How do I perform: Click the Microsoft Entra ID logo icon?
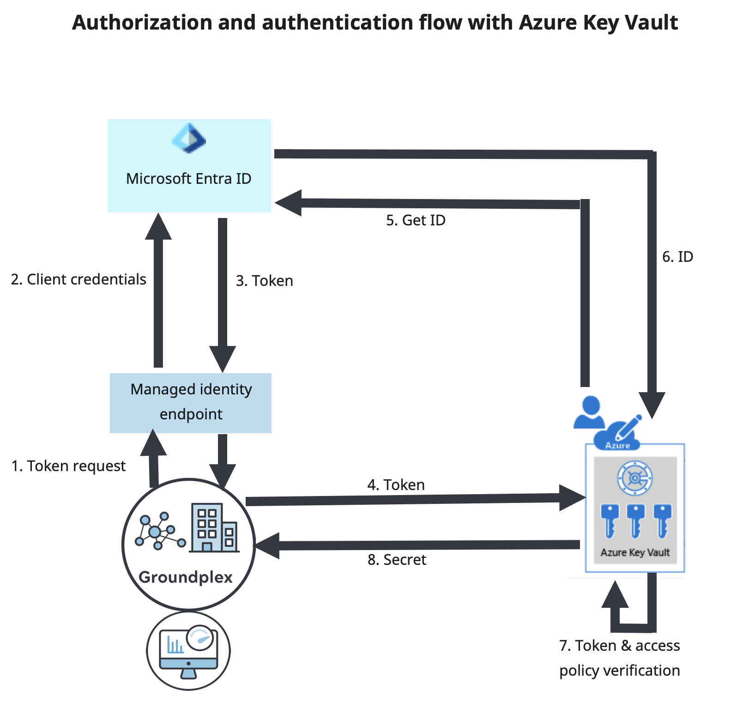(189, 138)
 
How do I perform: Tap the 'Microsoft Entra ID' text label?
(188, 179)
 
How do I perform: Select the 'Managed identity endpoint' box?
(191, 402)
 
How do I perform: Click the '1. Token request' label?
(68, 466)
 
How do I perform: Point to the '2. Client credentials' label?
(79, 279)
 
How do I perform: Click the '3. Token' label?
(264, 281)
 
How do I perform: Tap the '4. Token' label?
(396, 485)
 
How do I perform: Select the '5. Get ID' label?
(416, 220)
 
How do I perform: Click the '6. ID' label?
(677, 257)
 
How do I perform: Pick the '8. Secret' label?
(397, 560)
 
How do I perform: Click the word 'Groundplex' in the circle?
(186, 577)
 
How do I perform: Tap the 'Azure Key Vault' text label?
(635, 552)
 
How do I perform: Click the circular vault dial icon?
(635, 478)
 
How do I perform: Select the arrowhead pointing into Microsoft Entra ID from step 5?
(289, 203)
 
